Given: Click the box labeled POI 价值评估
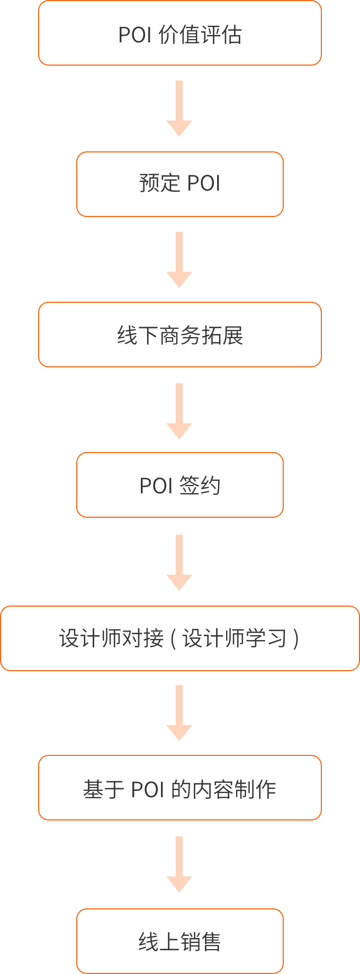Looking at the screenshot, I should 180,33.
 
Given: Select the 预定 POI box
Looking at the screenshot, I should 180,184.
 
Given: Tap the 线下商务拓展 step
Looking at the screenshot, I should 180,335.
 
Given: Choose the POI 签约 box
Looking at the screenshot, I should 180,485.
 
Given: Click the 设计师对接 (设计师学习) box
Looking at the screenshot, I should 180,638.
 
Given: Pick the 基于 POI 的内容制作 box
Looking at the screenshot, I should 180,788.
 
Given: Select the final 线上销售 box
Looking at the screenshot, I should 180,941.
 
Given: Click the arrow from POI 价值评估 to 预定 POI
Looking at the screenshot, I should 179,108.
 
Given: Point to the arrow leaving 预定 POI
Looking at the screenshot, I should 179,259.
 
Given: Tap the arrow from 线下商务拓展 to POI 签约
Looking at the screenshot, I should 179,411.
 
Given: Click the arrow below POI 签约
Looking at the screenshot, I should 179,562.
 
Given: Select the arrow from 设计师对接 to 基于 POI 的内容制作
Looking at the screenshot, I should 179,713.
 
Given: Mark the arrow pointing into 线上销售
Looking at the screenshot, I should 179,864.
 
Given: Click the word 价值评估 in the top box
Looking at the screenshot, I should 200,35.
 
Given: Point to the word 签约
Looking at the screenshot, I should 200,485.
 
